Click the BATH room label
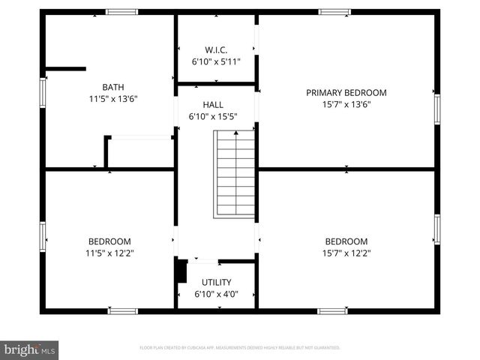[x=113, y=86]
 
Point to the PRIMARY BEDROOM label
[x=346, y=93]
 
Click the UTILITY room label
[x=216, y=282]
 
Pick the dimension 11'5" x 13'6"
[x=113, y=98]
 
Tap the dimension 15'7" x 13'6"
[x=346, y=105]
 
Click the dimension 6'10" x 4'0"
[x=216, y=294]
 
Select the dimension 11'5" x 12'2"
[x=109, y=253]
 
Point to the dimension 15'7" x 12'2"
[x=346, y=253]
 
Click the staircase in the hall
[x=235, y=174]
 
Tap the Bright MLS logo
[x=30, y=349]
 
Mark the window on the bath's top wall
[x=121, y=12]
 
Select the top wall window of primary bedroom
[x=334, y=12]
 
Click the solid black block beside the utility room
[x=181, y=271]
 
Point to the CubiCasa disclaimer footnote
[x=240, y=348]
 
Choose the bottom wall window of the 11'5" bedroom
[x=122, y=310]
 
